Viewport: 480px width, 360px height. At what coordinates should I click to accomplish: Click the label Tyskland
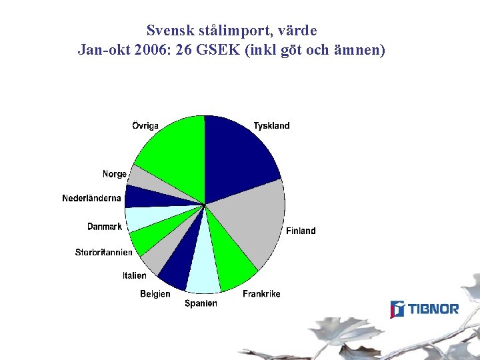click(271, 126)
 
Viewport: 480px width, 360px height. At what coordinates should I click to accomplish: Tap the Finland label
click(301, 231)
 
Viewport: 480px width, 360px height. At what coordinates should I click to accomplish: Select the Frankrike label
click(261, 294)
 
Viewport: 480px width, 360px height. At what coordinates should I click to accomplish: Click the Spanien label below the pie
click(201, 303)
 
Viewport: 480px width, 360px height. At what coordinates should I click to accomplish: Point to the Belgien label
click(155, 294)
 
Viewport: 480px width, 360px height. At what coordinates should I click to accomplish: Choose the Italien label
click(134, 275)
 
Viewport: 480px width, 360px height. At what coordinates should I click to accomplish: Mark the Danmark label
click(105, 227)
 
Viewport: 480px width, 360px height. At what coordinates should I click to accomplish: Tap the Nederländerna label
click(91, 198)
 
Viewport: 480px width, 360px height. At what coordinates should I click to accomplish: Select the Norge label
click(114, 174)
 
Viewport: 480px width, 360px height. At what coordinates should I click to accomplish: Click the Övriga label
click(145, 126)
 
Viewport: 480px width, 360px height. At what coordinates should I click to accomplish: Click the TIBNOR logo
click(425, 309)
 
